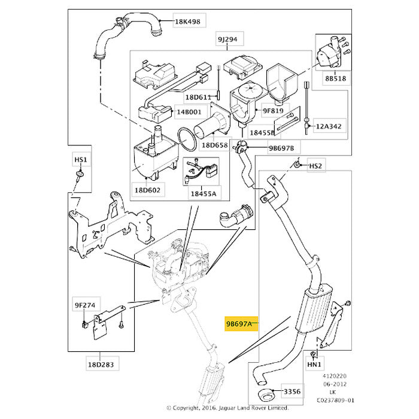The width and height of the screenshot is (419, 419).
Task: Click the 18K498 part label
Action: (x=187, y=22)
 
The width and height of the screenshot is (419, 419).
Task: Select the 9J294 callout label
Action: (x=227, y=40)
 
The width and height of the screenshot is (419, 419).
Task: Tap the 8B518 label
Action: (x=336, y=78)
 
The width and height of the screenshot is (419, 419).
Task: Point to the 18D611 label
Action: (x=198, y=97)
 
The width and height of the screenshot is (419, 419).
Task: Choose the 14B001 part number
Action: (x=189, y=112)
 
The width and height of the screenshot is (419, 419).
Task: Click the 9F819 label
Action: (x=273, y=110)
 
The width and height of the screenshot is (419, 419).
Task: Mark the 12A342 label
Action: (x=329, y=126)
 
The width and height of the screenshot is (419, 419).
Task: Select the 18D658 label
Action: (x=214, y=145)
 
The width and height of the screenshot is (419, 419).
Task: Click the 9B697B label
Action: (x=281, y=148)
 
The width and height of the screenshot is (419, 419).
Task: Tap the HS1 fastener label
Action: (x=80, y=160)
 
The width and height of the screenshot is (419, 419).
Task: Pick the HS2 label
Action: (x=315, y=166)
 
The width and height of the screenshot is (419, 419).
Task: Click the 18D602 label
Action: (x=147, y=190)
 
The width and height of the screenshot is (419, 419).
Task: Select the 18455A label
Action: (x=203, y=194)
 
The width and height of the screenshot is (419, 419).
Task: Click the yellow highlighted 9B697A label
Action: (x=239, y=324)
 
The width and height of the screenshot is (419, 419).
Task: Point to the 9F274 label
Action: (x=85, y=305)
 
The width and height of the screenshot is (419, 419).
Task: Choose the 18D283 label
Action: (x=101, y=365)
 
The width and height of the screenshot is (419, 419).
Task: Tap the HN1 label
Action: (x=314, y=364)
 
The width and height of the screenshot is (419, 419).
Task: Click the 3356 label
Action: (x=292, y=391)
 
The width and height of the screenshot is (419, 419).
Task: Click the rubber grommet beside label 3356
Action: (x=266, y=396)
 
